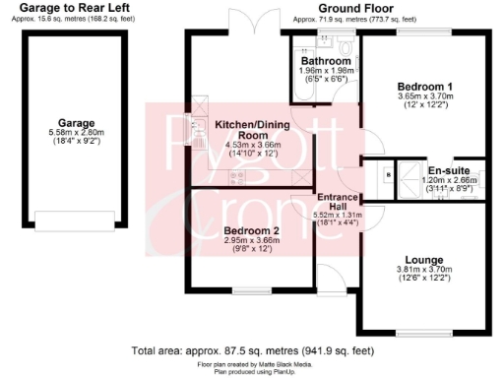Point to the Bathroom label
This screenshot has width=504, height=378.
point(326,60)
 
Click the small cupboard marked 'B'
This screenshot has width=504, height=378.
point(388,174)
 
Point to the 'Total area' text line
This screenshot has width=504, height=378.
point(252,350)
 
